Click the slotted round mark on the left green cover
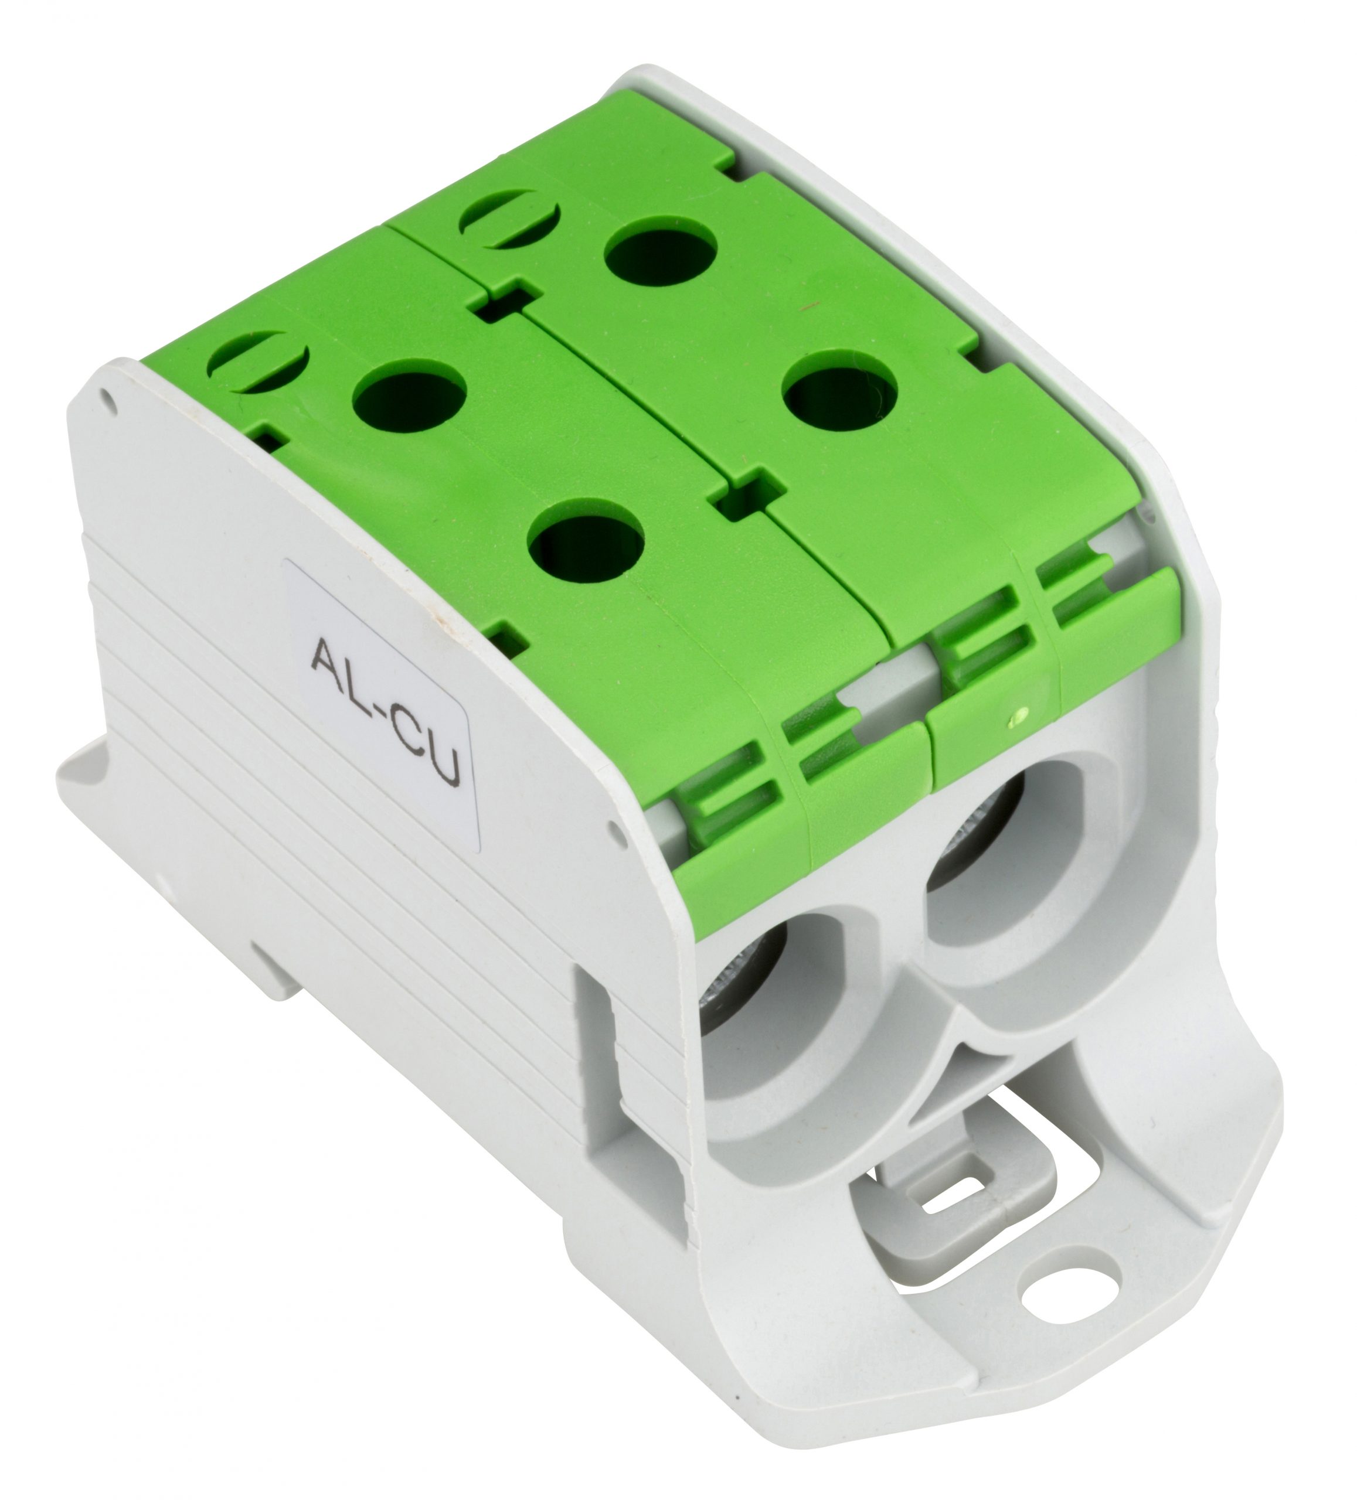click(x=257, y=362)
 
